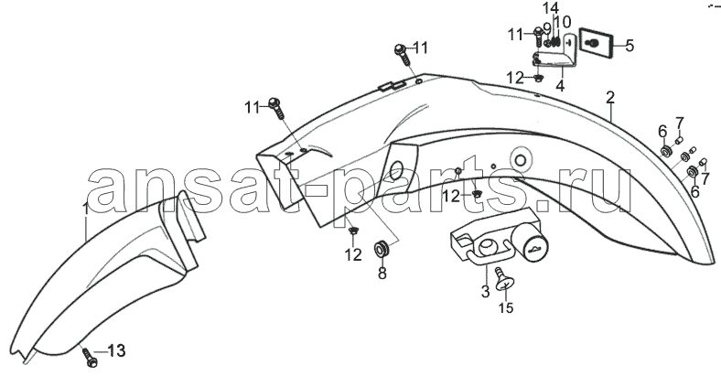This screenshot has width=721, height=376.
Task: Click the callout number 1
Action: point(86,209)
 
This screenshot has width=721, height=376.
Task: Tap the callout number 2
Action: point(610,98)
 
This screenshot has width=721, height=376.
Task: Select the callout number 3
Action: point(486,292)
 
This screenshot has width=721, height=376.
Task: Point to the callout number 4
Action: point(560,86)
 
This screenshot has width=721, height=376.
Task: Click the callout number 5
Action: point(630,46)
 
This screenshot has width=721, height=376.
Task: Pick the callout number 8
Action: point(382,274)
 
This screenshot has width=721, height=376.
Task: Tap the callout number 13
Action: point(116,351)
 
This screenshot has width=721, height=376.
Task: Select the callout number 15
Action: point(506,307)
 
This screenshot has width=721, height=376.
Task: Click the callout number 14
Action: point(550,8)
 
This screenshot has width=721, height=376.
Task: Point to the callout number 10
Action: point(563,22)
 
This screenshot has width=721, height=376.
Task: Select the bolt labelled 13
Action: point(89,357)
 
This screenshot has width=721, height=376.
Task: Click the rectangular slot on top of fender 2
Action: point(392,85)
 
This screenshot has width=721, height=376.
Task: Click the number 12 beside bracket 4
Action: point(515,78)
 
